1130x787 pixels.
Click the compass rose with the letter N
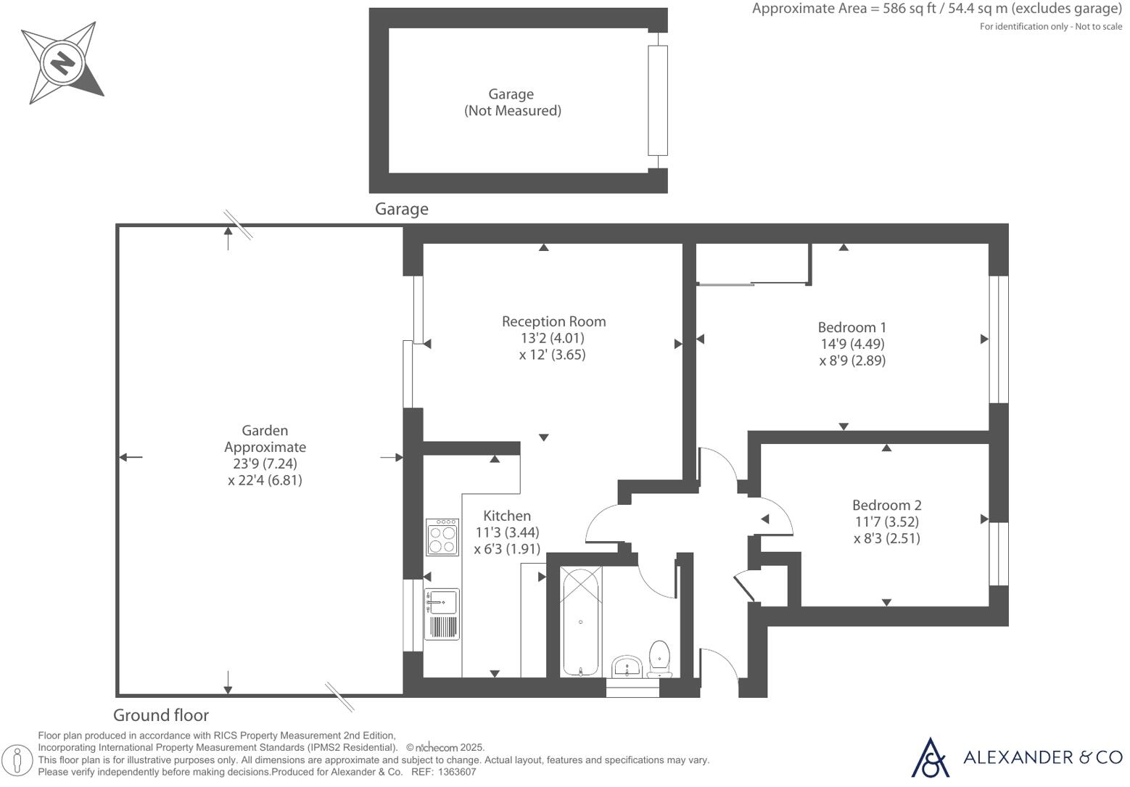coord(62,62)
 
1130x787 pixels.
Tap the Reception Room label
coord(553,321)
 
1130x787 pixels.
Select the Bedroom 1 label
coord(851,327)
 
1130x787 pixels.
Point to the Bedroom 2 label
coord(886,505)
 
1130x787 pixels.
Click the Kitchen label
coord(507,516)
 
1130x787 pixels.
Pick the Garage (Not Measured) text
coord(512,102)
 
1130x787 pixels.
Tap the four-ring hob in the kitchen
coord(442,537)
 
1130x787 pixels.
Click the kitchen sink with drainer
coord(442,614)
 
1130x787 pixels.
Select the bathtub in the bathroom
coord(581,622)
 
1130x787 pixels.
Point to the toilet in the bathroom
coord(659,656)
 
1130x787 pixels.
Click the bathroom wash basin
coord(627,666)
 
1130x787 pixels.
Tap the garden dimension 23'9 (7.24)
coord(264,463)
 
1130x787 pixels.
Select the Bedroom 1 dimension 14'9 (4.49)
coord(851,344)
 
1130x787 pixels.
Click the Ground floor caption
coord(161,715)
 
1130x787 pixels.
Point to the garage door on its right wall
coord(657,100)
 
